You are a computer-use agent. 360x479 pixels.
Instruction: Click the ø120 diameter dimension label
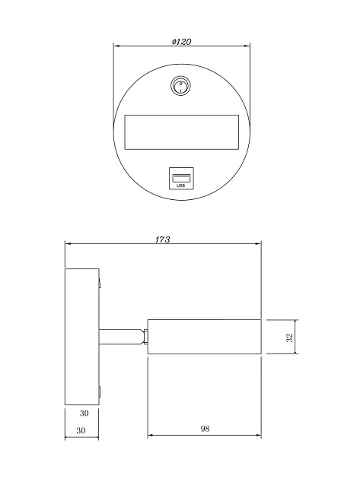tap(180, 42)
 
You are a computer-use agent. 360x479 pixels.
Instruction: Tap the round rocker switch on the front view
tap(181, 87)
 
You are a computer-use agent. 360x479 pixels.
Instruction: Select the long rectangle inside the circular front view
tap(181, 132)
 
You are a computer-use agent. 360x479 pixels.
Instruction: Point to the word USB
tap(181, 184)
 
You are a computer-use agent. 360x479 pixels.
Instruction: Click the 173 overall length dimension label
tap(162, 239)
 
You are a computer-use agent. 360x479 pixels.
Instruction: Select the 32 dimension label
tap(290, 337)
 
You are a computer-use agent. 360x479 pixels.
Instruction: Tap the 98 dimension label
tap(205, 429)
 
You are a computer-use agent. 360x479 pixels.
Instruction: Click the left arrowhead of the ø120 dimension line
tap(116, 47)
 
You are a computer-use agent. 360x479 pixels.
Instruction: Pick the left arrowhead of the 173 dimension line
tap(68, 244)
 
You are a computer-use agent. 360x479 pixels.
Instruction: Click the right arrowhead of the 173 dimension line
tap(258, 244)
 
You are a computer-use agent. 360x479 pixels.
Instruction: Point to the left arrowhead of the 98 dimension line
tap(151, 436)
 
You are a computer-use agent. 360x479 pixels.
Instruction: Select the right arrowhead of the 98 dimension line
tap(258, 436)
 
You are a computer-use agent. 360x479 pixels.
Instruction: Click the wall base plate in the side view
tap(81, 337)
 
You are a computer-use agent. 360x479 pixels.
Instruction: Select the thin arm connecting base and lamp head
tap(119, 336)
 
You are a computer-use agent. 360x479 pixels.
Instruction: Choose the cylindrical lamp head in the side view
tap(205, 337)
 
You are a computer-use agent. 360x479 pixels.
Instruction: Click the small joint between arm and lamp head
tap(144, 336)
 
